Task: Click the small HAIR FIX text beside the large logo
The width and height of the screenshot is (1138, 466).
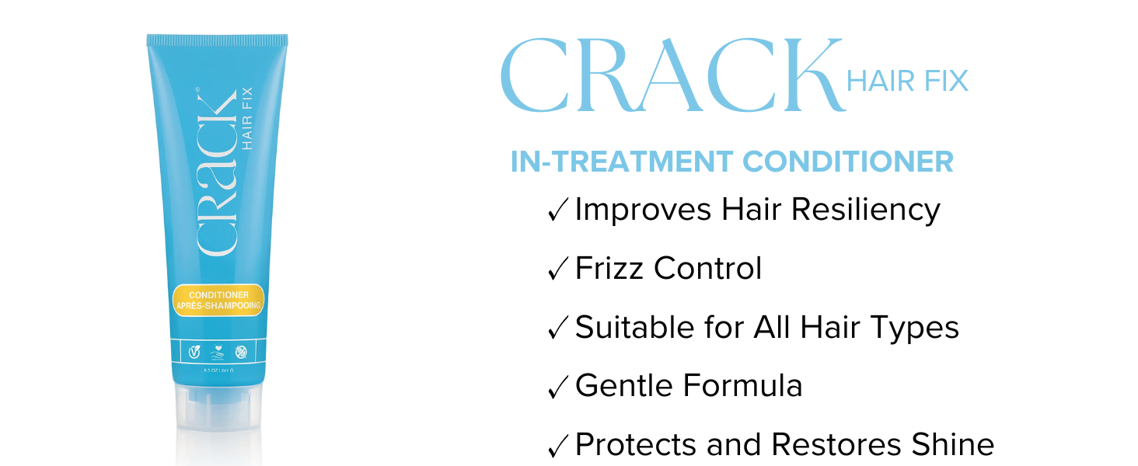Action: click(907, 81)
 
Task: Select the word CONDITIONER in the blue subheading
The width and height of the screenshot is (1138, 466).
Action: click(848, 162)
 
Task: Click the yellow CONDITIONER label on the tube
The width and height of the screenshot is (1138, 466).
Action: click(218, 301)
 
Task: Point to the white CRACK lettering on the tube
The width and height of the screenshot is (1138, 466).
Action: click(215, 172)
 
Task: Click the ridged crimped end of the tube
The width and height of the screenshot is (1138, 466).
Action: click(217, 40)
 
